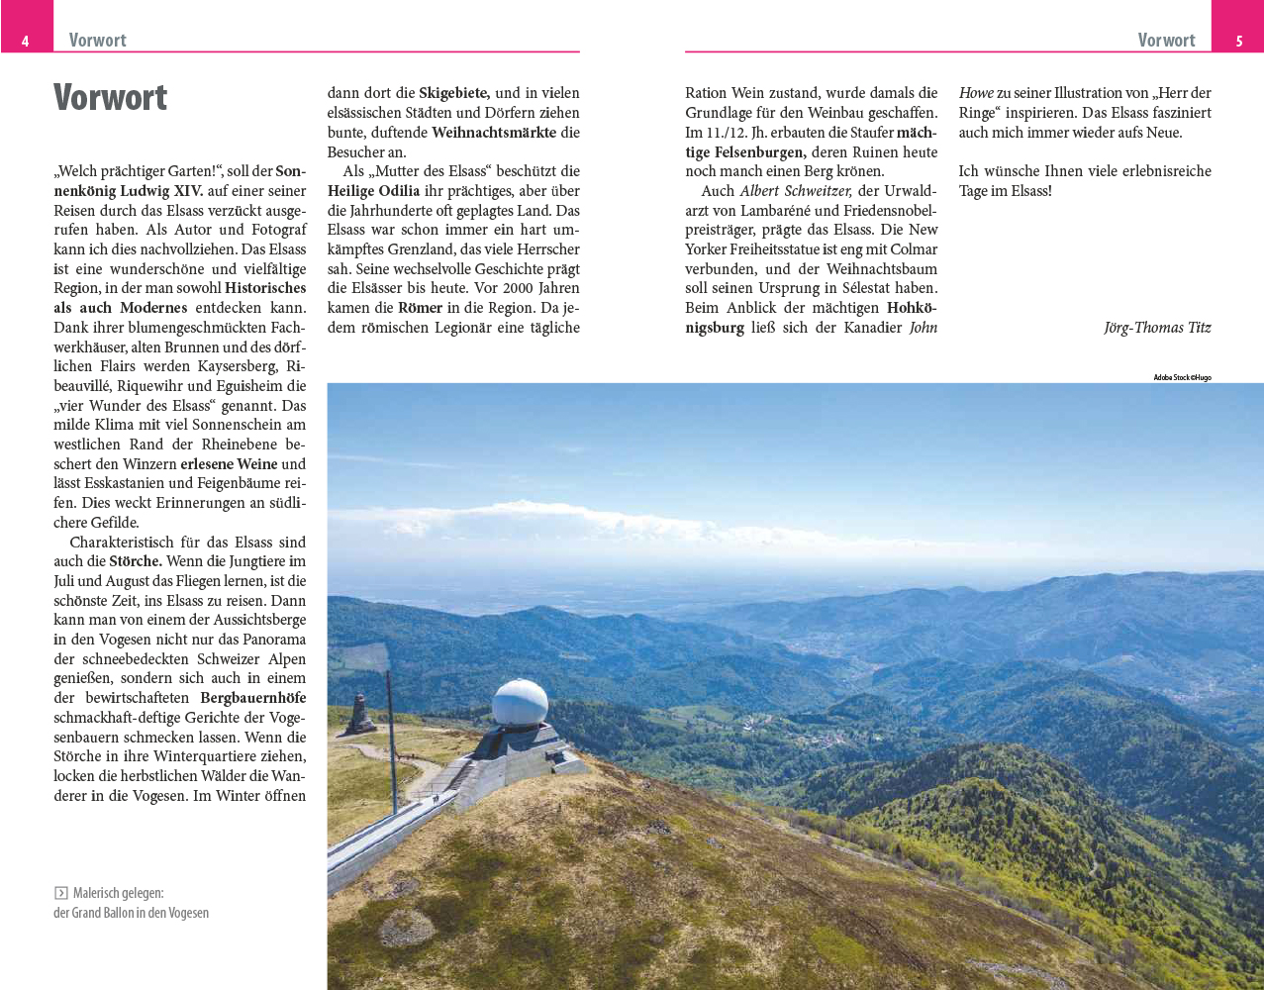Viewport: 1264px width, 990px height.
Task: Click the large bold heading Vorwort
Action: pyautogui.click(x=110, y=98)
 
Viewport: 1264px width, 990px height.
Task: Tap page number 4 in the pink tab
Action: pyautogui.click(x=25, y=41)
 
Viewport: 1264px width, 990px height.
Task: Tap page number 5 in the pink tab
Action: pyautogui.click(x=1238, y=41)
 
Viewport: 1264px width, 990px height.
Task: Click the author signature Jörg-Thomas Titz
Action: pyautogui.click(x=1157, y=328)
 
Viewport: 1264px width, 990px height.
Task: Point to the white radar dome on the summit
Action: pyautogui.click(x=520, y=702)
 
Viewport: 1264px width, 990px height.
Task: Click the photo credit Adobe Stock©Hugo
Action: pyautogui.click(x=1182, y=377)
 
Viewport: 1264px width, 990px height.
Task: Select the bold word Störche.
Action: pyautogui.click(x=136, y=561)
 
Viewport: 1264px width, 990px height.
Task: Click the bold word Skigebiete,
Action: pyautogui.click(x=454, y=93)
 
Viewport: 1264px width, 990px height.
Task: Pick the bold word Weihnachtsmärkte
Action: pyautogui.click(x=494, y=133)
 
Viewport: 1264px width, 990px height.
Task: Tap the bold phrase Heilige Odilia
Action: pyautogui.click(x=373, y=191)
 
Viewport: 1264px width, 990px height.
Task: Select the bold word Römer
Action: pyautogui.click(x=421, y=308)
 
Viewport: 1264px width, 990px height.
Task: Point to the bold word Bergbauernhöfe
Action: pyautogui.click(x=252, y=698)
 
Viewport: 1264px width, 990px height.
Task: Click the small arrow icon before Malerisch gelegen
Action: pyautogui.click(x=60, y=893)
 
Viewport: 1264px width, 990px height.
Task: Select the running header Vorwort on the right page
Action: pyautogui.click(x=1166, y=41)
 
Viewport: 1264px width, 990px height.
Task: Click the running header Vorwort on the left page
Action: pyautogui.click(x=97, y=41)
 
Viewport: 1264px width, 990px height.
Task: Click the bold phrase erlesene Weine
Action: pyautogui.click(x=229, y=464)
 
